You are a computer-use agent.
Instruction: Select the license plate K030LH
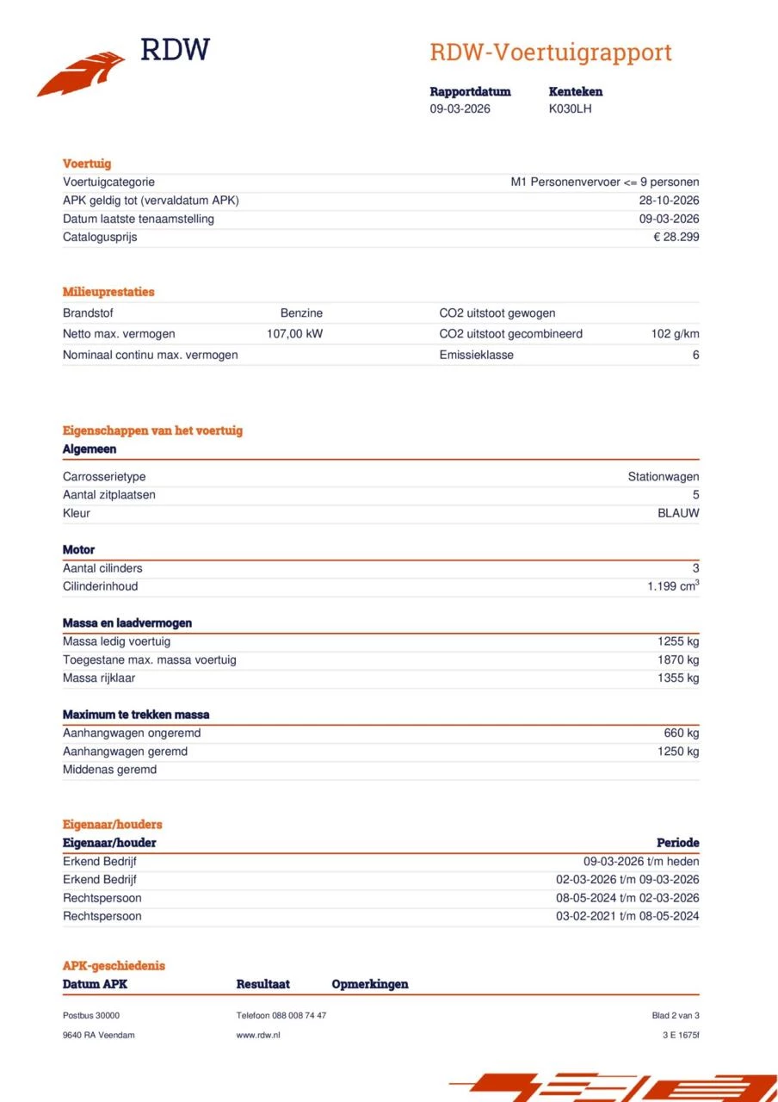click(570, 108)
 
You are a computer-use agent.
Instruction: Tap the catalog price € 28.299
click(676, 237)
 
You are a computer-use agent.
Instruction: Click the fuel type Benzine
click(301, 313)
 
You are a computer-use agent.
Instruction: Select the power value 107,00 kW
click(294, 334)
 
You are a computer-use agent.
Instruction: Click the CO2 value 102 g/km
click(675, 334)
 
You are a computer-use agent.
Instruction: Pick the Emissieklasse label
click(476, 355)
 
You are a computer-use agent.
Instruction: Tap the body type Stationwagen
click(663, 477)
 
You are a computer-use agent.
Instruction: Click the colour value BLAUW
click(678, 513)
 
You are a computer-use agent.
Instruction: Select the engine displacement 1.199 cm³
click(673, 586)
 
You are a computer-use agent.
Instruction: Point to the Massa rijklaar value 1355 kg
click(678, 678)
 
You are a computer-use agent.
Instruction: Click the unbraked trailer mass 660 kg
click(682, 734)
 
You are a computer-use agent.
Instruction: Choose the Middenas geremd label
click(109, 770)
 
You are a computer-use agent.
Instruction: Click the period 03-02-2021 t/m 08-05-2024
click(627, 916)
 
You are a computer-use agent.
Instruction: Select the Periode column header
click(677, 843)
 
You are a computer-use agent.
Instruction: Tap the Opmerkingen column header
click(369, 984)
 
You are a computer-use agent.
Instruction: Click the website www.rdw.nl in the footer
click(258, 1035)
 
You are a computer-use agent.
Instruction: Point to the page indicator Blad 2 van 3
click(675, 1016)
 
